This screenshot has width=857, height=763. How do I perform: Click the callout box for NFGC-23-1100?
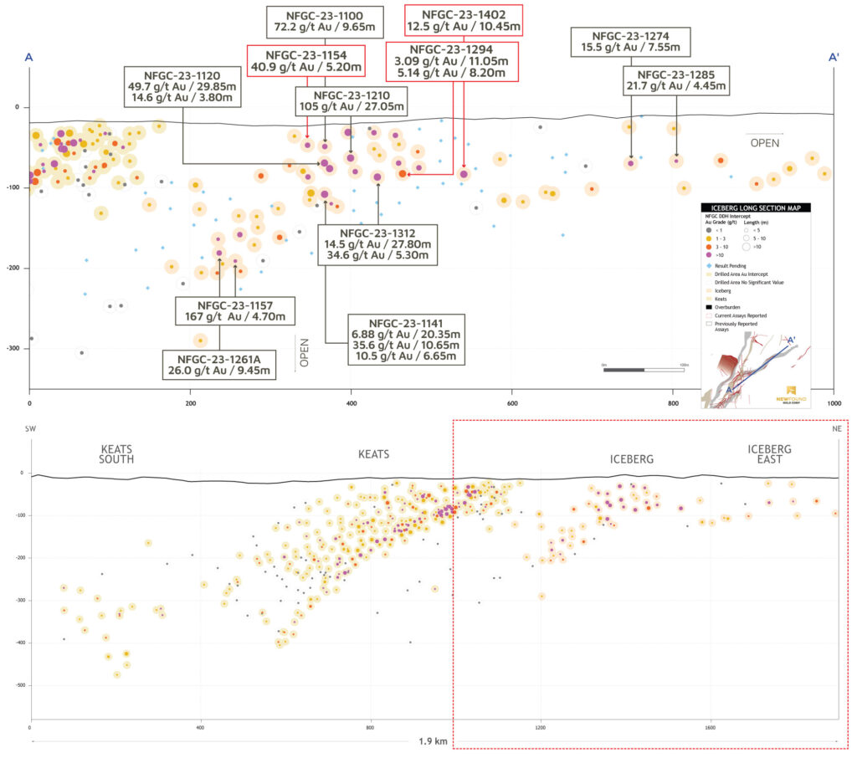click(325, 23)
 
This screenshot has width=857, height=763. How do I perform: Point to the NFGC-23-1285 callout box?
click(676, 82)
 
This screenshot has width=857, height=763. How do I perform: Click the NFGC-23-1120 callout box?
click(182, 85)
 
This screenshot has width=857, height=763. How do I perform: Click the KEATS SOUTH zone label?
click(116, 453)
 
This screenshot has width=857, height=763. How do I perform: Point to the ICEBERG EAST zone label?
click(769, 454)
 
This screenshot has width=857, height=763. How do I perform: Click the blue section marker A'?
click(833, 58)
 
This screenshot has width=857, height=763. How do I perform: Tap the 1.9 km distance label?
click(434, 741)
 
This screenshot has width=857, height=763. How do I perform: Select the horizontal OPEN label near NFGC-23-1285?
click(763, 143)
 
